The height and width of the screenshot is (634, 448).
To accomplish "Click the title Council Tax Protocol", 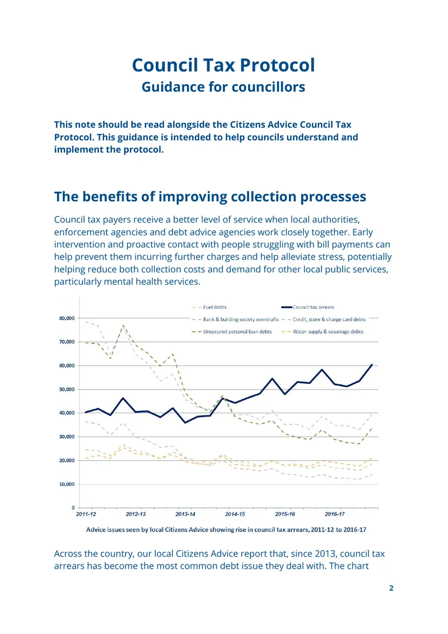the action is click(x=223, y=65).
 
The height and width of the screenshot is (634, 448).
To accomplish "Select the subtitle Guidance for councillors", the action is click(x=223, y=87).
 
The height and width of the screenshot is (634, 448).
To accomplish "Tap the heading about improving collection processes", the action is click(x=210, y=197).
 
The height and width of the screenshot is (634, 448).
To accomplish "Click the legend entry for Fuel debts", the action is click(x=209, y=307).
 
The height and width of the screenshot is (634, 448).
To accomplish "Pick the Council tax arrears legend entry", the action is click(x=308, y=307).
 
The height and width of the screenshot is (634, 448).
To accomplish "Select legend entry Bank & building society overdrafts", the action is click(x=235, y=320).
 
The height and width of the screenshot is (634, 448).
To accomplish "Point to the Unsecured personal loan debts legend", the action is click(x=232, y=331).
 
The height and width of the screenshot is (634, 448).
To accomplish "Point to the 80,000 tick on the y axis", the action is click(x=67, y=318).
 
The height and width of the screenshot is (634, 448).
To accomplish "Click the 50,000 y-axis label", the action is click(x=67, y=390).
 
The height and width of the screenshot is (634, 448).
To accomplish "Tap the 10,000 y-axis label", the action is click(x=67, y=484).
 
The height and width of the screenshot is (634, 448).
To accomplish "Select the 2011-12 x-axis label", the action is click(x=86, y=514).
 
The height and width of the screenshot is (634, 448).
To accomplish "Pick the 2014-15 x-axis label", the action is click(x=235, y=514).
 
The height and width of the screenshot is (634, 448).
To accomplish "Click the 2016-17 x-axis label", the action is click(x=335, y=514).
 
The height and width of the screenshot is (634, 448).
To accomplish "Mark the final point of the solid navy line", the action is click(x=372, y=364).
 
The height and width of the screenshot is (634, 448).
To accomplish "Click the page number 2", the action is click(x=391, y=588).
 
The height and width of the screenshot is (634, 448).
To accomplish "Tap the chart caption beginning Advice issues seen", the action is click(x=226, y=530).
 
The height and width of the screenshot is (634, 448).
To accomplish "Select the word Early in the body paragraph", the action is click(x=362, y=232).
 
